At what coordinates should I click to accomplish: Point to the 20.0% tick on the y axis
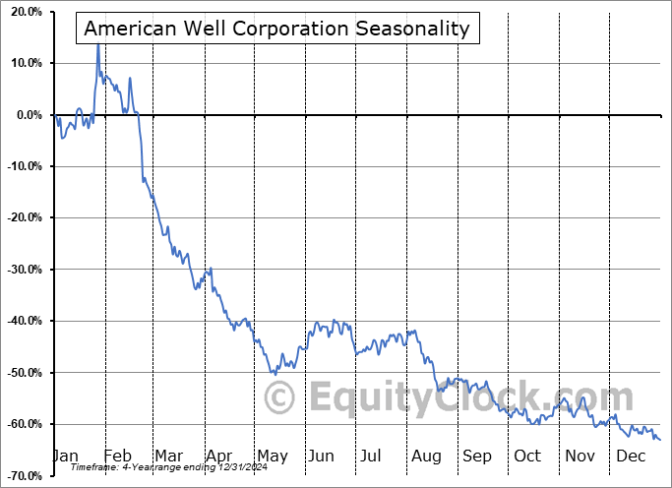point(26,12)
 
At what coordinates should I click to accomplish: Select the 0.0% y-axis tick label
point(29,115)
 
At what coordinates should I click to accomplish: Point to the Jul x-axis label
point(371,457)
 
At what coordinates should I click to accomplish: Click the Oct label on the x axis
point(527,457)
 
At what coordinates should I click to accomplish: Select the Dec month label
point(632,457)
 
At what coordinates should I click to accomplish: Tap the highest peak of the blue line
point(97,42)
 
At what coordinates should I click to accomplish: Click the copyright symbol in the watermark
point(279,398)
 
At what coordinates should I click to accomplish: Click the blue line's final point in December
point(660,440)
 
